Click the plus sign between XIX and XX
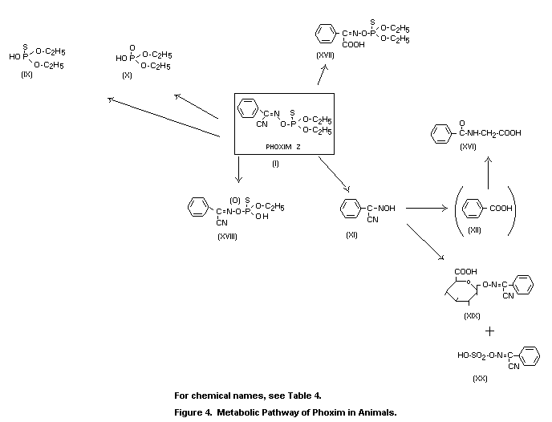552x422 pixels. coord(489,331)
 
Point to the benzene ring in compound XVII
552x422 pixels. coord(324,35)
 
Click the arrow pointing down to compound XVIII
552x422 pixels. coord(238,169)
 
